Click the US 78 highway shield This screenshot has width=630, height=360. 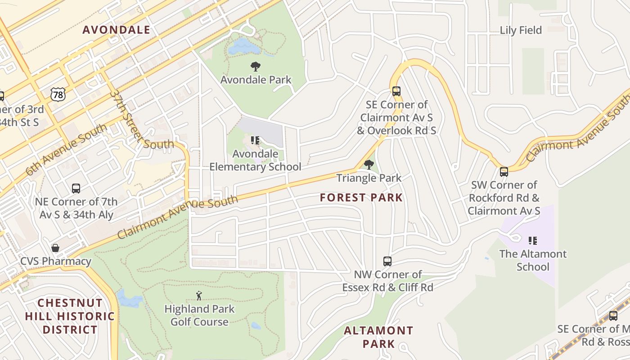point(58,94)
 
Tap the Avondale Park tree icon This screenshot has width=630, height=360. point(255,67)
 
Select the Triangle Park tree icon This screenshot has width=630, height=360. point(369,165)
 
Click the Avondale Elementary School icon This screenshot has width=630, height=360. point(255,141)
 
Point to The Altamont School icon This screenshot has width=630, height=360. point(533,241)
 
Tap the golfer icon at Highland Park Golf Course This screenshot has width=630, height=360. point(199,296)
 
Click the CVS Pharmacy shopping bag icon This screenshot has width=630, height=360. point(55,248)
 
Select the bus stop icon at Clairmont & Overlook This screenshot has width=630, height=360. point(396,91)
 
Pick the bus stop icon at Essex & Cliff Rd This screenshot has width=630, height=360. point(387,261)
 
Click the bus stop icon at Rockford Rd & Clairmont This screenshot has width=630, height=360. point(504,171)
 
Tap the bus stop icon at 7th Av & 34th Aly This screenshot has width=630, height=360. point(76,188)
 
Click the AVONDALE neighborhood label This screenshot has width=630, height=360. point(117,30)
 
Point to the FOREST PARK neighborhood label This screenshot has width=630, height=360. point(361,198)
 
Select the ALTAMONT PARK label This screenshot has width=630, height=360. point(378,337)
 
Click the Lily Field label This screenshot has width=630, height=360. point(521,30)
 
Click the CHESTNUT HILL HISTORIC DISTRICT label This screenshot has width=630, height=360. point(70,316)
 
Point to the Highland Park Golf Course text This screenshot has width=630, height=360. point(199,315)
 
